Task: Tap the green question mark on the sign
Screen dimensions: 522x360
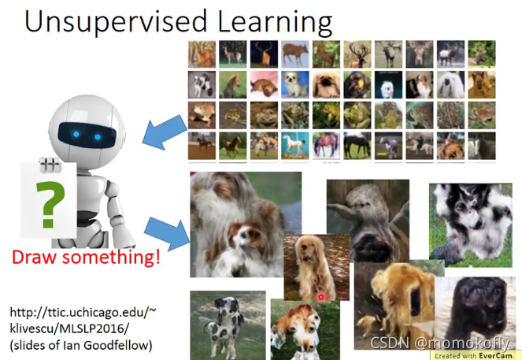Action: pyautogui.click(x=50, y=205)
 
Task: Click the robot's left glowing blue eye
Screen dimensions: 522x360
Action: pyautogui.click(x=76, y=134)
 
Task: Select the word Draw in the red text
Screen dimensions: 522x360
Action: pyautogui.click(x=34, y=257)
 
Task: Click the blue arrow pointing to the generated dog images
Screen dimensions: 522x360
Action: pyautogui.click(x=167, y=233)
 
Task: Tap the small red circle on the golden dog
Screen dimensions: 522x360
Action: pyautogui.click(x=321, y=297)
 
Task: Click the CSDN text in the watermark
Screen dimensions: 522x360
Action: pyautogui.click(x=390, y=343)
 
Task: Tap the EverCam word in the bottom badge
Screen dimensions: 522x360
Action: pyautogui.click(x=496, y=356)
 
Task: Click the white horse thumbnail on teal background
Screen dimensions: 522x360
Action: pyautogui.click(x=295, y=146)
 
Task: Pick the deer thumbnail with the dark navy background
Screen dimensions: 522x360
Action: pyautogui.click(x=264, y=54)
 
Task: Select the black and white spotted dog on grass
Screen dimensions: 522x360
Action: pyautogui.click(x=228, y=325)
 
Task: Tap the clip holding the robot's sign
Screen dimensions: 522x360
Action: pyautogui.click(x=50, y=165)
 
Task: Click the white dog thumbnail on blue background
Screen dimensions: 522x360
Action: pyautogui.click(x=295, y=84)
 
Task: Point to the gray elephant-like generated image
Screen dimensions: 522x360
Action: pyautogui.click(x=368, y=221)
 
